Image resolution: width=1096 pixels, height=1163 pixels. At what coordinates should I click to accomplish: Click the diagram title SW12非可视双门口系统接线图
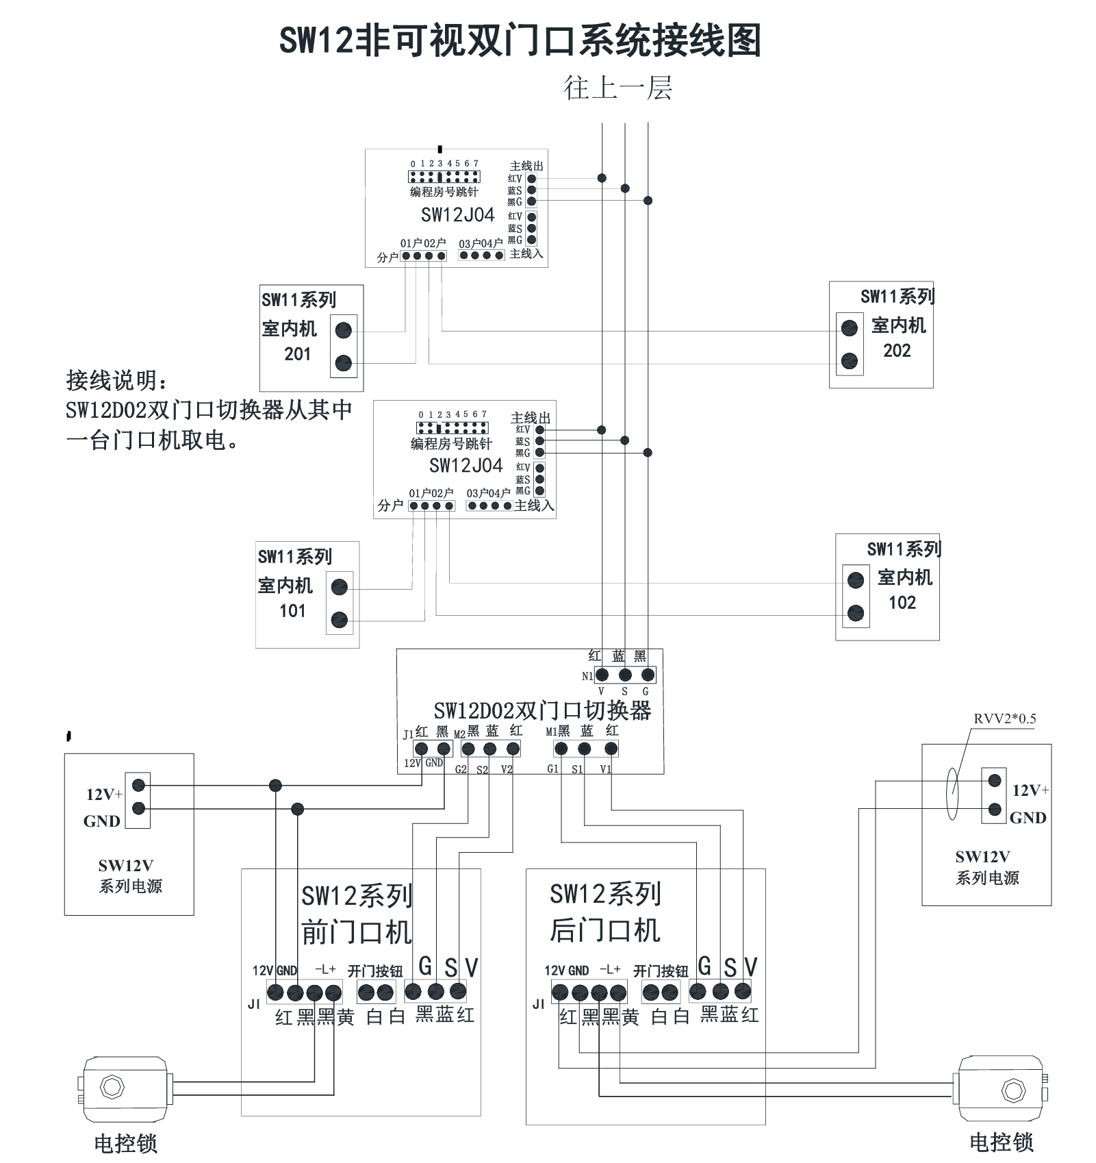pyautogui.click(x=520, y=40)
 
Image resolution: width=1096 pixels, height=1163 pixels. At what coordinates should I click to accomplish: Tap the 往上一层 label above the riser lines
pyautogui.click(x=617, y=88)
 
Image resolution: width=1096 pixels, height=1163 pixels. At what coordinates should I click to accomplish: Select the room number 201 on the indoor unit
pyautogui.click(x=297, y=354)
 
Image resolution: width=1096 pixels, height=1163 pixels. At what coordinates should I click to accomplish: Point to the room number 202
pyautogui.click(x=897, y=351)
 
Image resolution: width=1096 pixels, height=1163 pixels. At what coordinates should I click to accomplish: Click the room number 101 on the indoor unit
pyautogui.click(x=292, y=611)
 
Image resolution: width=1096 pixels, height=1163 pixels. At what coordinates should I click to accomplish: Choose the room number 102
pyautogui.click(x=902, y=603)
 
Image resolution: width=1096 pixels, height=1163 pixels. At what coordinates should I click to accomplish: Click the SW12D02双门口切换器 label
pyautogui.click(x=543, y=710)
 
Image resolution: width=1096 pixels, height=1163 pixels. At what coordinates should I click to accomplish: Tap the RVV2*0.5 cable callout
pyautogui.click(x=1005, y=718)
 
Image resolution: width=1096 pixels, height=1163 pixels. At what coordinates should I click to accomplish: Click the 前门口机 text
pyautogui.click(x=357, y=932)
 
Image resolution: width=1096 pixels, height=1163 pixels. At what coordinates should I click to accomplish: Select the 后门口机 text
pyautogui.click(x=605, y=930)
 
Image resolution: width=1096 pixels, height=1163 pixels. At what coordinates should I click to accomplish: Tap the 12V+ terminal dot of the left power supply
pyautogui.click(x=139, y=785)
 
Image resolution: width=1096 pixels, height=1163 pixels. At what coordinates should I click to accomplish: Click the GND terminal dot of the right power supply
pyautogui.click(x=995, y=810)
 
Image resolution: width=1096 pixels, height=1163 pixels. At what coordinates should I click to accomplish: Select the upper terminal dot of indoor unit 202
pyautogui.click(x=850, y=328)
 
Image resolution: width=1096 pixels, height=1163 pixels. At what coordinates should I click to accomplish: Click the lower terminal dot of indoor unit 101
pyautogui.click(x=339, y=621)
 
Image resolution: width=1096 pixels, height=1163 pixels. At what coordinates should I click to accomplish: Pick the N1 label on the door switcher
pyautogui.click(x=587, y=676)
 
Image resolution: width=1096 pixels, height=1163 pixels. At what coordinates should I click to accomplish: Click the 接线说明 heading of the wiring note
pyautogui.click(x=117, y=381)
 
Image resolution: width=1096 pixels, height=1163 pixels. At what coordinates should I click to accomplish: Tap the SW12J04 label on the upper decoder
pyautogui.click(x=457, y=215)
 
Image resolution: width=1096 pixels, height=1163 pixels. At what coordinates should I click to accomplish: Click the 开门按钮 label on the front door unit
pyautogui.click(x=375, y=971)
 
